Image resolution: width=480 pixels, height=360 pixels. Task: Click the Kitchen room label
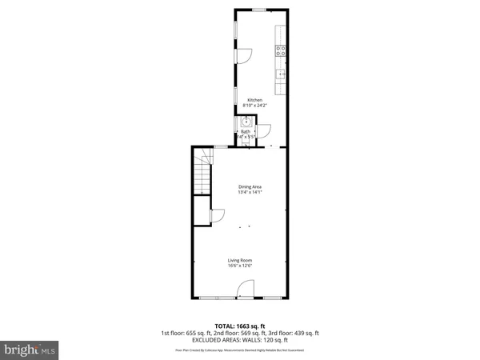pyautogui.click(x=254, y=100)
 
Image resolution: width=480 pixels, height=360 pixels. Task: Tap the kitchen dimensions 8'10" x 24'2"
pyautogui.click(x=254, y=106)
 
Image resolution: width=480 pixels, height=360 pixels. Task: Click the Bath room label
pyautogui.click(x=246, y=132)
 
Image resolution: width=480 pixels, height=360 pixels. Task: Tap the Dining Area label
pyautogui.click(x=250, y=186)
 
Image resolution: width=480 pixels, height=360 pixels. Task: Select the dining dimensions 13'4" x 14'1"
pyautogui.click(x=250, y=192)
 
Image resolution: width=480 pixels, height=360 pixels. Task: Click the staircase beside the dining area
pyautogui.click(x=203, y=173)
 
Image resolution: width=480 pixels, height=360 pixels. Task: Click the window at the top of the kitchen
pyautogui.click(x=259, y=9)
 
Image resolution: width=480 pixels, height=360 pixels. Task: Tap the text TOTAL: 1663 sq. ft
pyautogui.click(x=239, y=326)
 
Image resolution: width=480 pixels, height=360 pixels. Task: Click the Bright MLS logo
pyautogui.click(x=30, y=350)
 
